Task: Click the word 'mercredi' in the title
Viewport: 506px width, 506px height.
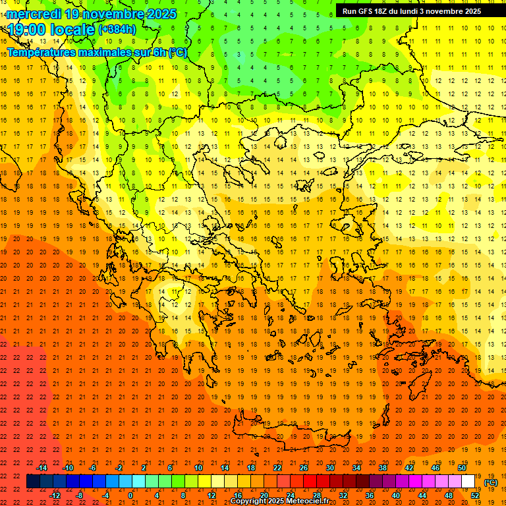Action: tap(32, 14)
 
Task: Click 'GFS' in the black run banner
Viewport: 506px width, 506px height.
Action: tap(363, 11)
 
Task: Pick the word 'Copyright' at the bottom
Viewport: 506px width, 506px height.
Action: tap(248, 501)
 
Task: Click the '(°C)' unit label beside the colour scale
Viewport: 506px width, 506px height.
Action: tap(491, 482)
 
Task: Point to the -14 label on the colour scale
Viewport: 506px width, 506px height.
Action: tap(42, 468)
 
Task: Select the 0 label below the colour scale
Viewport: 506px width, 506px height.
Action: tap(130, 495)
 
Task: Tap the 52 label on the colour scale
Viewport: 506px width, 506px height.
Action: tap(475, 495)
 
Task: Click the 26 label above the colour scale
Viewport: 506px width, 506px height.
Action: tap(304, 468)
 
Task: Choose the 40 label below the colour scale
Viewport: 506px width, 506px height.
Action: tap(396, 495)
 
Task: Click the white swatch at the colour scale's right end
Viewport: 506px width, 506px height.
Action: tap(468, 482)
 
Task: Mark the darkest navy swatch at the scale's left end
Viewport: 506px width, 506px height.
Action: tap(33, 482)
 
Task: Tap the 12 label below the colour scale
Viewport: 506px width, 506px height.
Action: tap(211, 495)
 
